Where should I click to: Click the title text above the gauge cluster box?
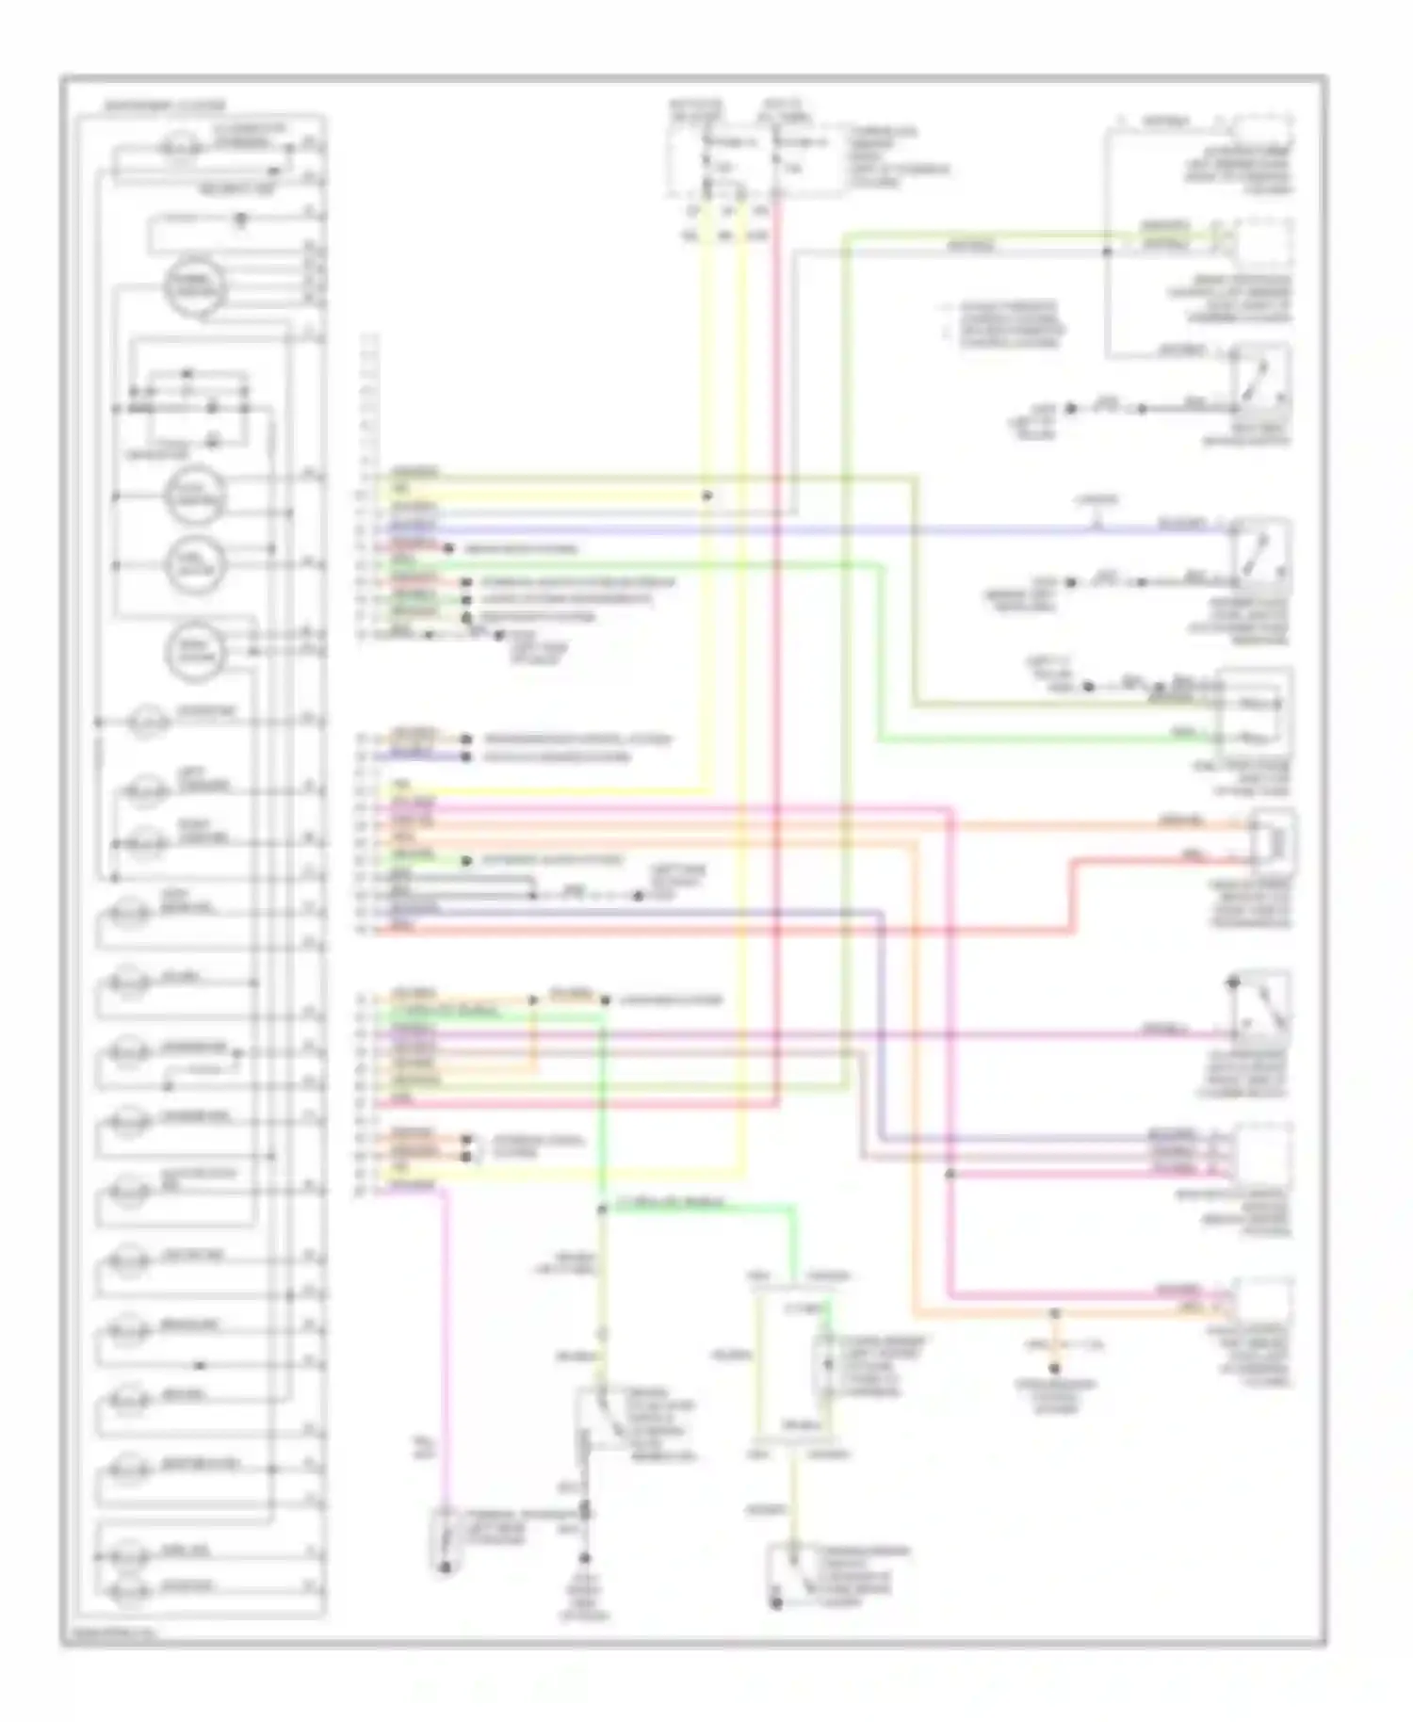pos(165,105)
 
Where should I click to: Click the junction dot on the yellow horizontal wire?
pos(707,495)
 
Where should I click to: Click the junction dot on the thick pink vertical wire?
pos(950,1174)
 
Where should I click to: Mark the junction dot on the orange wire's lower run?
pos(1055,1313)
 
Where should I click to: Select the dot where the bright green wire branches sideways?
pos(602,1209)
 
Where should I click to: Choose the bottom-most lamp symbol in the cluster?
pos(129,1590)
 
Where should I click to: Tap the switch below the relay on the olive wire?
pos(789,1575)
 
